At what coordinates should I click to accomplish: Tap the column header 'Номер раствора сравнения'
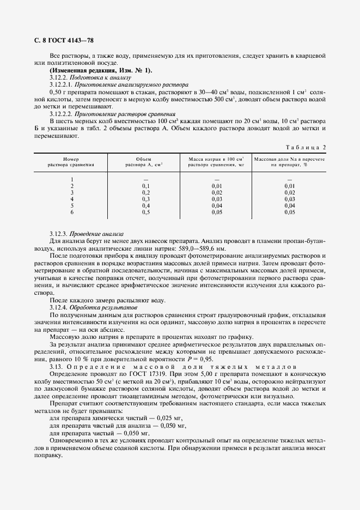71,160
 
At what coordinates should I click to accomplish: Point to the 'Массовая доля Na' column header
290,160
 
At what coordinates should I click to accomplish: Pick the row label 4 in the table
72,199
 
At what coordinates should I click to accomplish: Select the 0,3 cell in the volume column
145,199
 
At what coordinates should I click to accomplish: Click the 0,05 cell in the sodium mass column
217,212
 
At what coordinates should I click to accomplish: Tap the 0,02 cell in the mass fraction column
290,192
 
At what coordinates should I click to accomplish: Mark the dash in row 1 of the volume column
145,179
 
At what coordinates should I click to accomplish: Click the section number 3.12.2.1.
61,85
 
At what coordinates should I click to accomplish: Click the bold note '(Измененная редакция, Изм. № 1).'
101,71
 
